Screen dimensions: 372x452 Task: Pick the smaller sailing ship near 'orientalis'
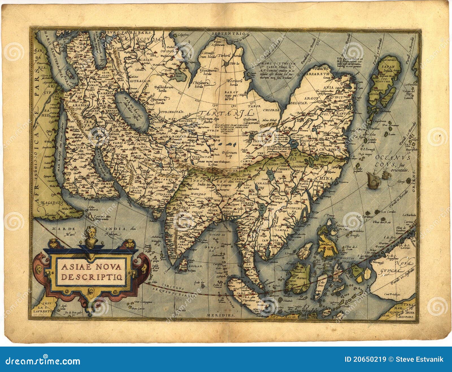(x=385, y=176)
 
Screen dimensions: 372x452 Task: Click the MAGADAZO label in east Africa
(x=49, y=202)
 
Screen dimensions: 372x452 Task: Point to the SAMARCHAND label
(x=183, y=137)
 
